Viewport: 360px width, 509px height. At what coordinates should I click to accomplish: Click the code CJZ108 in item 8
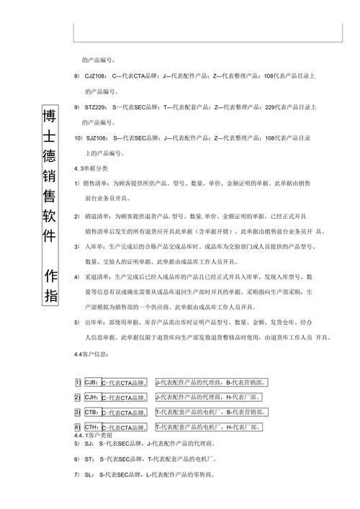96,76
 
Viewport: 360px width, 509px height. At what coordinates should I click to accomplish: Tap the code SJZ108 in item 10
96,138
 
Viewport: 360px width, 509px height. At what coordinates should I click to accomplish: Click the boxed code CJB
91,382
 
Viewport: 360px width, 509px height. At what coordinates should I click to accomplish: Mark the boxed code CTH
91,428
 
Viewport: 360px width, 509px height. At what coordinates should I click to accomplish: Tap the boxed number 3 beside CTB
78,413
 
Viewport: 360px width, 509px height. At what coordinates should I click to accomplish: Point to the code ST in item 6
89,459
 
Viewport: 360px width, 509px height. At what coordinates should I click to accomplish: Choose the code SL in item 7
89,475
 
